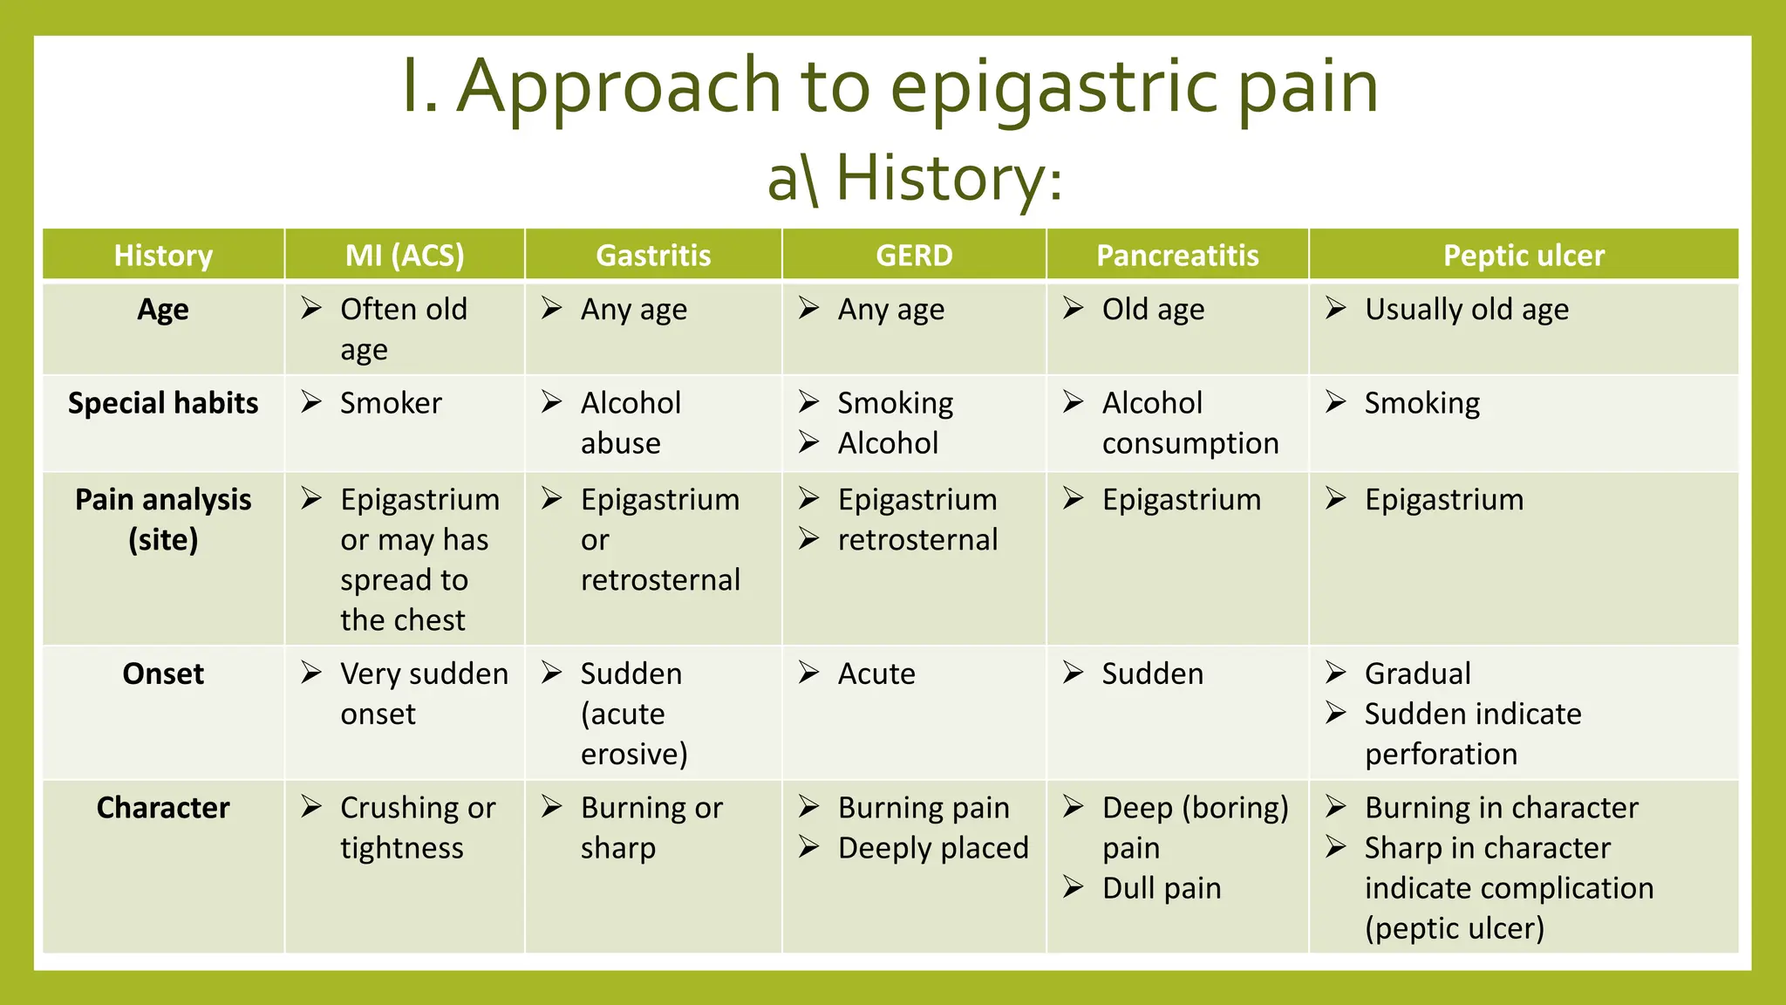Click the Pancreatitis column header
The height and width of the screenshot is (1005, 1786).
tap(1176, 256)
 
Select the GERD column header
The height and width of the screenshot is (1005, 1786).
tap(913, 256)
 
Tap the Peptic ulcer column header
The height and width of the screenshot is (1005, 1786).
tap(1523, 256)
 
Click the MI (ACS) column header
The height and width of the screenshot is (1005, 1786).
tap(405, 256)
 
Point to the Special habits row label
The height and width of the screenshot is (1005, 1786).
tap(163, 403)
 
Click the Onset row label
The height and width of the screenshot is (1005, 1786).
tap(163, 673)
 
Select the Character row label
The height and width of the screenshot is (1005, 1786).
tap(163, 808)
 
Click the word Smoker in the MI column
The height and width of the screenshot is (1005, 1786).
tap(391, 403)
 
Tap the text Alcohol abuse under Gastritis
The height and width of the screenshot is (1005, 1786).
tap(630, 423)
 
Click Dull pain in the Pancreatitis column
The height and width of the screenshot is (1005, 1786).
tap(1161, 888)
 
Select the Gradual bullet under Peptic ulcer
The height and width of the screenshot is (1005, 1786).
tap(1417, 673)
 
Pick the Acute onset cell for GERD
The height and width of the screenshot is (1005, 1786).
tap(876, 673)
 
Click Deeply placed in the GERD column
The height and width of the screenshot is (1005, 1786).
tap(932, 848)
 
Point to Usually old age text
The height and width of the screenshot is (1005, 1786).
tap(1466, 310)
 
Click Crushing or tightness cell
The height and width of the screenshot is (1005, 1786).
tap(417, 828)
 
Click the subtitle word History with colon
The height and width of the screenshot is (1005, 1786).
tap(949, 178)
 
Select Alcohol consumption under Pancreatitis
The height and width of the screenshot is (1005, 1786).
tap(1190, 423)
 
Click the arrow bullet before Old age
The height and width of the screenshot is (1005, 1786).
tap(1073, 308)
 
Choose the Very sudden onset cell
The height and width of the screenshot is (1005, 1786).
tap(423, 694)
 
